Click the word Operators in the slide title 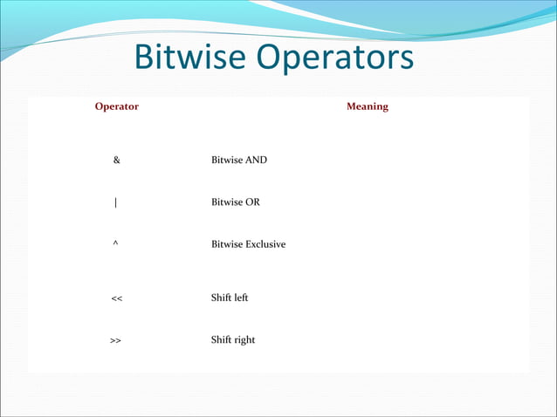click(337, 59)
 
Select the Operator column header click(116, 106)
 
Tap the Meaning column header click(367, 106)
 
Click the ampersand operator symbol click(116, 161)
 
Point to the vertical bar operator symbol click(116, 202)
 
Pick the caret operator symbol click(116, 243)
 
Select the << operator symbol click(116, 298)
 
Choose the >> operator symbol click(115, 340)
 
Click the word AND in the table click(256, 161)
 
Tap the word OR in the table click(252, 202)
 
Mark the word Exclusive click(265, 244)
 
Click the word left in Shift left click(241, 297)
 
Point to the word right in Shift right click(244, 339)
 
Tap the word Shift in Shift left click(222, 297)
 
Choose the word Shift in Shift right click(222, 339)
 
